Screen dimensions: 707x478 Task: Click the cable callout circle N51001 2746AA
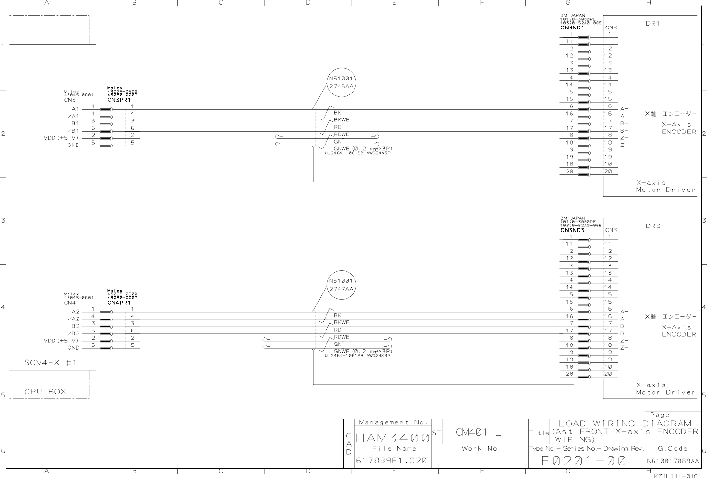(x=341, y=82)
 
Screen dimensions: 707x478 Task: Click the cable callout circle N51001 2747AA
(x=341, y=285)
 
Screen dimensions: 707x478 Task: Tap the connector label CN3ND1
(x=572, y=28)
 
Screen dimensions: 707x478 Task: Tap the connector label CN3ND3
(x=572, y=230)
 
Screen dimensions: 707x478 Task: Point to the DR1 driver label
(x=653, y=23)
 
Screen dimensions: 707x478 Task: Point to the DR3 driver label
(x=653, y=226)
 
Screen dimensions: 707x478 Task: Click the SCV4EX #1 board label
(x=50, y=362)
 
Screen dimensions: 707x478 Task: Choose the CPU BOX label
(x=45, y=392)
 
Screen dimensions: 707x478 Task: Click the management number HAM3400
(x=392, y=438)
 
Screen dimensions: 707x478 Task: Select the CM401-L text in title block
(x=478, y=432)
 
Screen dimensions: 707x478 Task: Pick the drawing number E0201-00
(x=584, y=461)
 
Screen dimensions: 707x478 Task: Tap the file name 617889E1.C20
(x=391, y=461)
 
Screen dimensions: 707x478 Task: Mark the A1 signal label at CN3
(x=75, y=109)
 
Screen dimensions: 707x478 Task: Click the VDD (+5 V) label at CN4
(x=61, y=341)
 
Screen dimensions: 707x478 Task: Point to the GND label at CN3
(x=73, y=145)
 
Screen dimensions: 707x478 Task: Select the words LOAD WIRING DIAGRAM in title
(x=625, y=424)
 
